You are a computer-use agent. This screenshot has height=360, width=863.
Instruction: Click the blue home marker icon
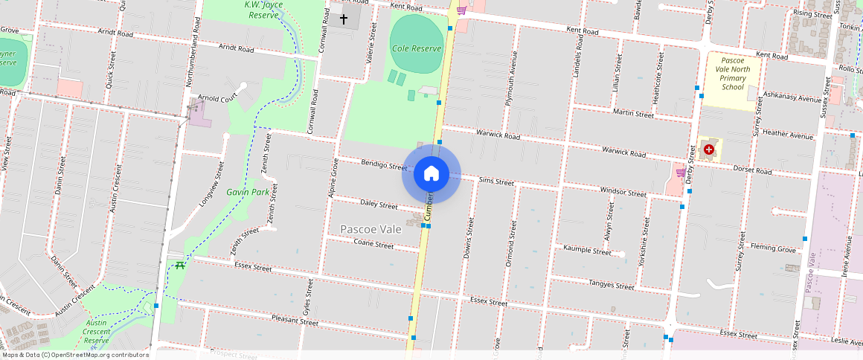click(431, 174)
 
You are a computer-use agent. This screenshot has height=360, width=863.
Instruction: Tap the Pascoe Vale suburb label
click(370, 229)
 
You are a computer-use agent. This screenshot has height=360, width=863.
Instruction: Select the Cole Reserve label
click(417, 48)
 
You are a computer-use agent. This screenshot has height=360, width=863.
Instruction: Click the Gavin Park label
click(248, 192)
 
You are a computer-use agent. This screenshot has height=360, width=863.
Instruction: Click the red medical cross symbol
click(708, 150)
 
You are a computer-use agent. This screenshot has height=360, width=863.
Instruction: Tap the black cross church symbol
click(344, 19)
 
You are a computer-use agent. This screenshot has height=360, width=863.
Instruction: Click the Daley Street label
click(379, 205)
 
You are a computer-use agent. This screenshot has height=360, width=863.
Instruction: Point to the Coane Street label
click(373, 244)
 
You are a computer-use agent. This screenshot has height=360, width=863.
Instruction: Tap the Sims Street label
click(496, 181)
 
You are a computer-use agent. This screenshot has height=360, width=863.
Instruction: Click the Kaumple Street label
click(587, 251)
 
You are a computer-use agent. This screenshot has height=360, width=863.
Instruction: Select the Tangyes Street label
click(611, 284)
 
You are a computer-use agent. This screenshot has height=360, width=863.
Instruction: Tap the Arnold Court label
click(216, 97)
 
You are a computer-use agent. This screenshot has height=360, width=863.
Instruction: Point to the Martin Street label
click(633, 114)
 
